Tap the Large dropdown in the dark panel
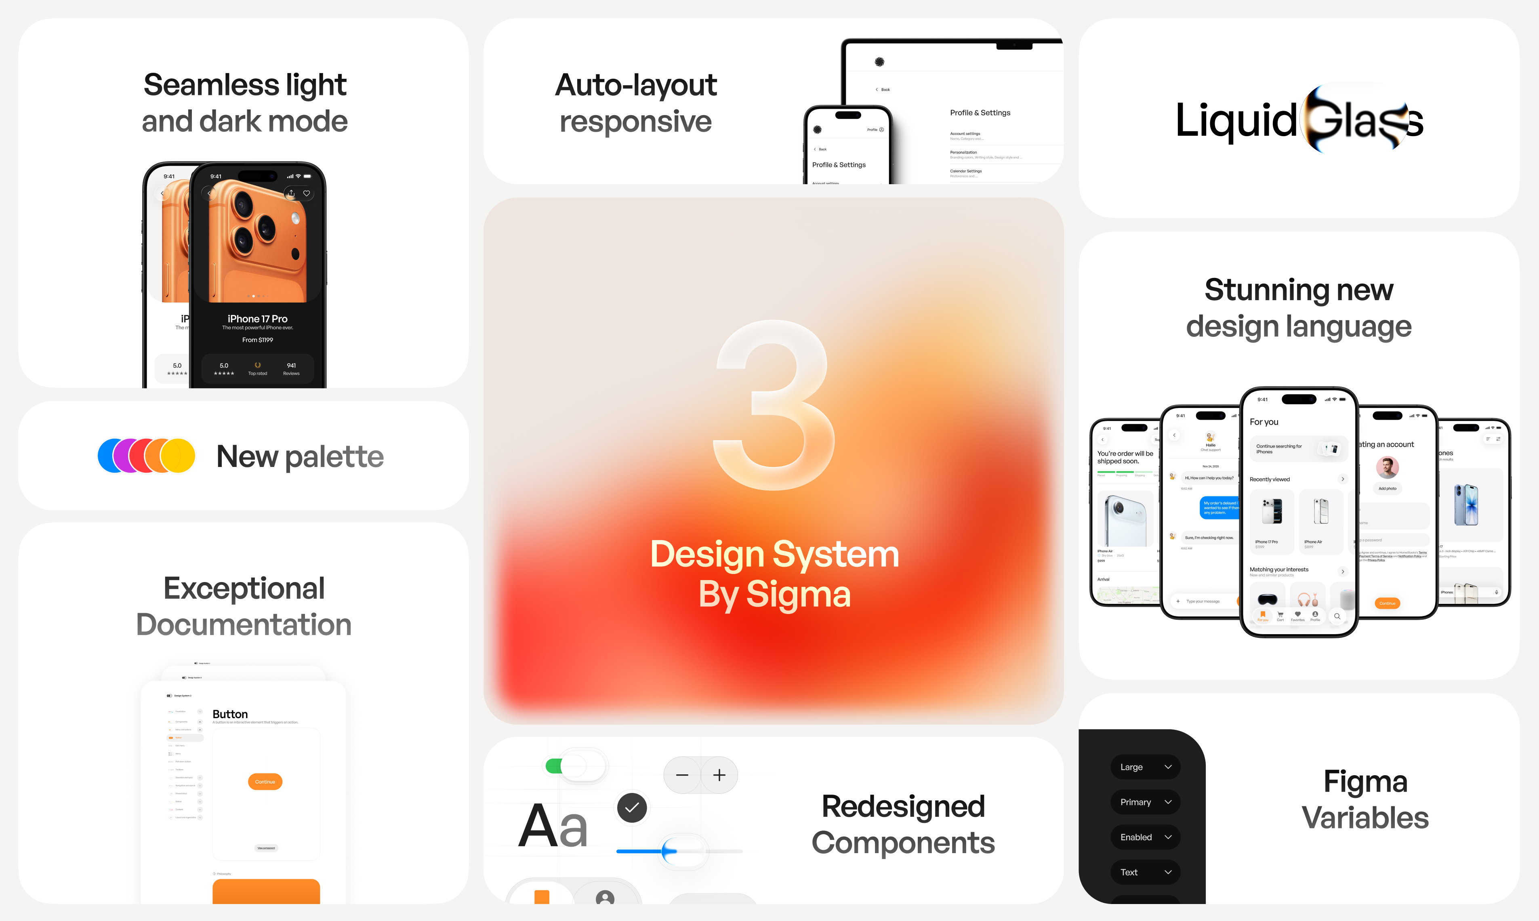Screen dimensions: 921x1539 pyautogui.click(x=1145, y=767)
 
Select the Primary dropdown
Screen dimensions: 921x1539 pyautogui.click(x=1145, y=802)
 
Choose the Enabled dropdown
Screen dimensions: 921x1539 pyautogui.click(x=1145, y=837)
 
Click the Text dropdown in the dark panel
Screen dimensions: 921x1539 pyautogui.click(x=1145, y=872)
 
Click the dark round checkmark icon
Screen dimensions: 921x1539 pyautogui.click(x=632, y=807)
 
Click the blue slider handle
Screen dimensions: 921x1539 pyautogui.click(x=669, y=851)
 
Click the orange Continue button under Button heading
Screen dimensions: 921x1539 pyautogui.click(x=265, y=781)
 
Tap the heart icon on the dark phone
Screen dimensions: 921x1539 pyautogui.click(x=307, y=193)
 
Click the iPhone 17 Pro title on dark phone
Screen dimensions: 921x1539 pyautogui.click(x=258, y=318)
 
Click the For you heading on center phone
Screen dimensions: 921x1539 pyautogui.click(x=1264, y=422)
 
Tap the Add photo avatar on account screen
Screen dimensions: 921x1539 pyautogui.click(x=1387, y=467)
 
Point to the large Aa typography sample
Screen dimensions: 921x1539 pyautogui.click(x=552, y=825)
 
